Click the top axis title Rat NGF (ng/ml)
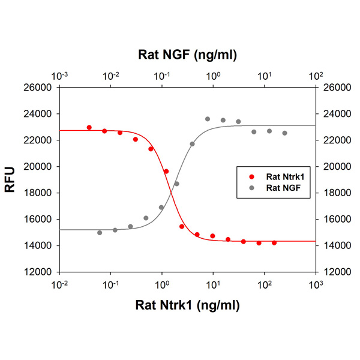[187, 55]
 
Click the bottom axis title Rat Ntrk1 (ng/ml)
[187, 305]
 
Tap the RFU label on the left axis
[10, 179]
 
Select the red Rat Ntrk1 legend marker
[251, 177]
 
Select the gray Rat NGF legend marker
[251, 187]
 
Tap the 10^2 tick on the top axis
[316, 76]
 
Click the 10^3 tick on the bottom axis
[316, 283]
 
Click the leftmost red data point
[89, 128]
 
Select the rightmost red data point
[274, 243]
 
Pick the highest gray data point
[208, 119]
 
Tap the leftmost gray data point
[100, 233]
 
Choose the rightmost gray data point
[284, 133]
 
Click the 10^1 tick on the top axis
[265, 76]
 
